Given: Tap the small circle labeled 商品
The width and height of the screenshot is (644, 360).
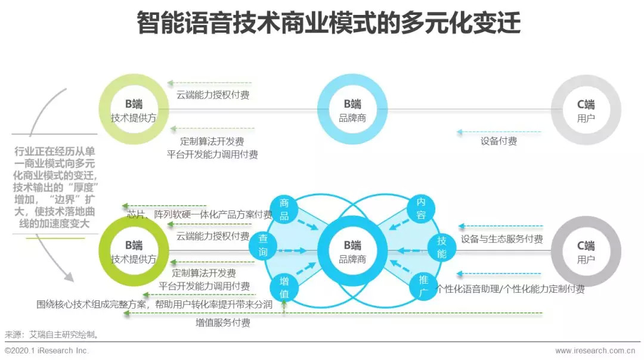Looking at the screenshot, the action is (x=284, y=209).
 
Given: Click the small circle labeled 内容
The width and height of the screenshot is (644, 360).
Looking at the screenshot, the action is (x=421, y=209).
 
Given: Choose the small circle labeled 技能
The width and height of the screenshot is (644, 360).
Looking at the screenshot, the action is (x=441, y=246).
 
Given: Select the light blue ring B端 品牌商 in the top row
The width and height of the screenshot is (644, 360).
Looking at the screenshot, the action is (x=352, y=110).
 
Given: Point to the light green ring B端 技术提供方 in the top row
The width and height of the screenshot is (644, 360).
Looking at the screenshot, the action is (x=134, y=110).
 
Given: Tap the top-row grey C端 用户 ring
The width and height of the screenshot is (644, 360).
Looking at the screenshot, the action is (x=586, y=110).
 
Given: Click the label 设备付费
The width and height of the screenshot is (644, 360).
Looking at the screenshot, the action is (x=499, y=142).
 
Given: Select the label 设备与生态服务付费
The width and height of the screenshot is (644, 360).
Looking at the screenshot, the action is (x=501, y=240).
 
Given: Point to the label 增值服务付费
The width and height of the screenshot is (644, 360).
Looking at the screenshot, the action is (x=223, y=323).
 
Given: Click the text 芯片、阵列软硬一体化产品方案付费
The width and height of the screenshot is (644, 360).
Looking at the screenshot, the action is (x=200, y=215).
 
